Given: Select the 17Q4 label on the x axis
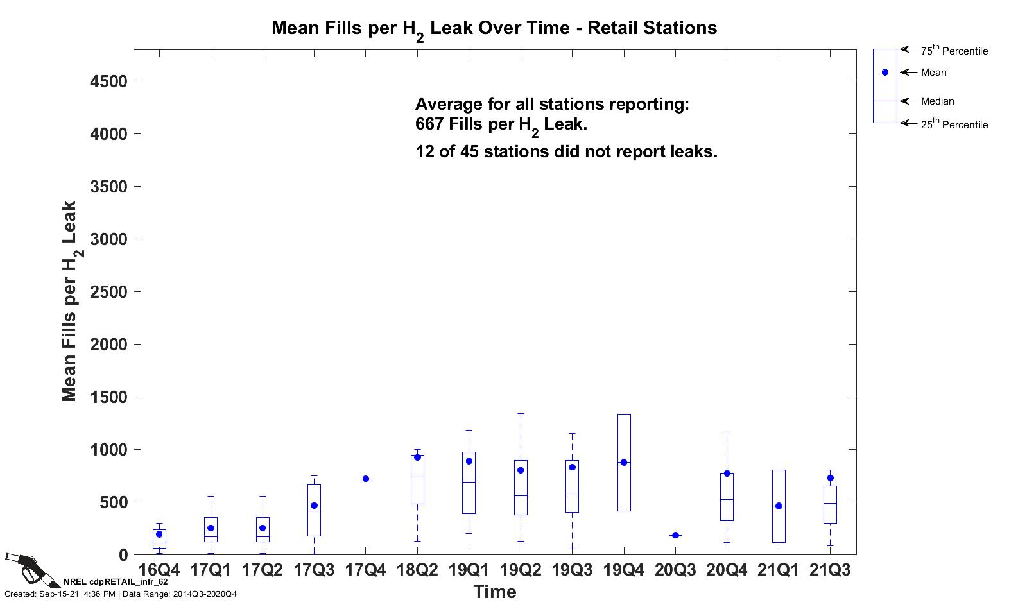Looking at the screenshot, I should tap(365, 570).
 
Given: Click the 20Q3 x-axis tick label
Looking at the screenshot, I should tap(675, 570).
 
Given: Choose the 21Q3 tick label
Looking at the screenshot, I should tap(830, 570).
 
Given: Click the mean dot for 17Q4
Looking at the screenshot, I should tap(365, 479).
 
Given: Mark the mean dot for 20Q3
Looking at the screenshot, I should tap(675, 535).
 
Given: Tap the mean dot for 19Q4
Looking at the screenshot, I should tap(624, 462).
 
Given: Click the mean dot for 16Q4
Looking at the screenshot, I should tap(159, 534).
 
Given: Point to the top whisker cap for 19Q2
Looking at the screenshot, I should tap(521, 414).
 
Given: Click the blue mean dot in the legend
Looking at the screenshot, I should tap(885, 73).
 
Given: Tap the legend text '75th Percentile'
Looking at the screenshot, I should tap(954, 51).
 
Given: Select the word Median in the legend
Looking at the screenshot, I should tap(937, 101).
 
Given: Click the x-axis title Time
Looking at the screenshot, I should tap(494, 592).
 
